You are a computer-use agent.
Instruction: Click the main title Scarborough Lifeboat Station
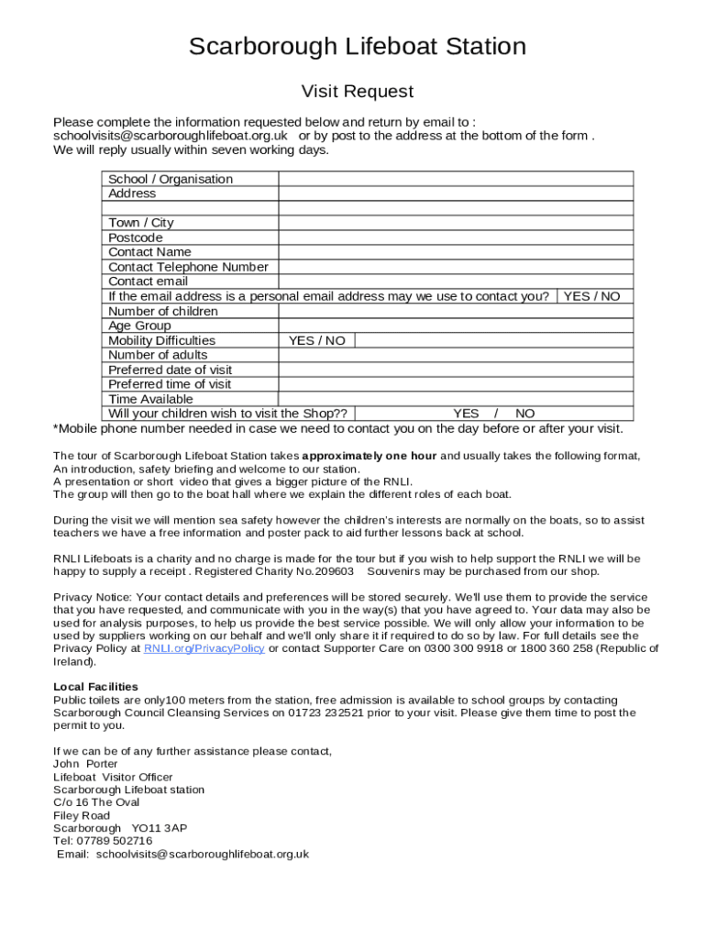358,47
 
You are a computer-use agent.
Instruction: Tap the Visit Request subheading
358,92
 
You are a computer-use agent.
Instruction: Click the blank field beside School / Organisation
456,179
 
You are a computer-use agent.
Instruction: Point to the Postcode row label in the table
136,238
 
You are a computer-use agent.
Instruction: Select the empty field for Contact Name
456,252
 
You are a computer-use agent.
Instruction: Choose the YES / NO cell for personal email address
591,296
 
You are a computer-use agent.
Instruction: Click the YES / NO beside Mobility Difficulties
317,340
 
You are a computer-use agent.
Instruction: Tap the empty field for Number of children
456,311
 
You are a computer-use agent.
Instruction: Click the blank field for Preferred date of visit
456,370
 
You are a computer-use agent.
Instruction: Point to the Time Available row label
151,399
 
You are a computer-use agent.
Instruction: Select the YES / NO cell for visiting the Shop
494,414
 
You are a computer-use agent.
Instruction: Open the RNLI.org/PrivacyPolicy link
204,648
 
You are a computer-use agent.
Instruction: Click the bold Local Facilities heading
95,687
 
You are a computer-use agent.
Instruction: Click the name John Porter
85,764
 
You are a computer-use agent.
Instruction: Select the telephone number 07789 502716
115,841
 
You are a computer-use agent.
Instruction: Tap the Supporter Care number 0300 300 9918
462,648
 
